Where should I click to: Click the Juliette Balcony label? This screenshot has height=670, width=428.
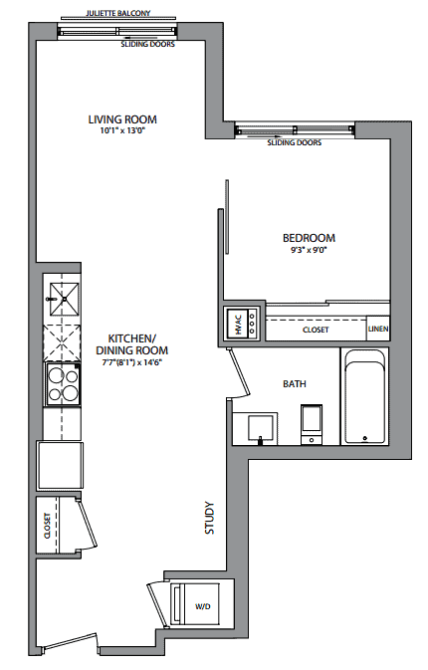pos(118,13)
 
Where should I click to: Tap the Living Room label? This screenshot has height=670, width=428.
pos(122,119)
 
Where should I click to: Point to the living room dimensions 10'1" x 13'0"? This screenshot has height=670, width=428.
pos(123,130)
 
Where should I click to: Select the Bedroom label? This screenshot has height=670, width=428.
pos(310,238)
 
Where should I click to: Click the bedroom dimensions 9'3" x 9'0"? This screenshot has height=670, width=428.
pos(309,250)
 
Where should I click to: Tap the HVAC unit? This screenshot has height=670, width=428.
pos(242,324)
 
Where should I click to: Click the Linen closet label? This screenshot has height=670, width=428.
pos(378,329)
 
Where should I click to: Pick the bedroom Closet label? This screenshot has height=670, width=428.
pos(316,330)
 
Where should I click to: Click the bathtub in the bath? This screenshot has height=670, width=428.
pos(364,397)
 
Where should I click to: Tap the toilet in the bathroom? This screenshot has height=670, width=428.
pos(312,424)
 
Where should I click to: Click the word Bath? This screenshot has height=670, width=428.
pos(295,383)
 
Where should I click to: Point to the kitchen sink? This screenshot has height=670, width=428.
pos(65,299)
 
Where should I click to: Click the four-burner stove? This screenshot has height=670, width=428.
pos(64,383)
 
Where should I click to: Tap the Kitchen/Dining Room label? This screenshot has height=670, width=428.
pos(132,344)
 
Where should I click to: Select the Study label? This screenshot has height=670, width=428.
pos(209,518)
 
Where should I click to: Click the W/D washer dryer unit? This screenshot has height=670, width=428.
pos(196,603)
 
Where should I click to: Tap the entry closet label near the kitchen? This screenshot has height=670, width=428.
pos(48,525)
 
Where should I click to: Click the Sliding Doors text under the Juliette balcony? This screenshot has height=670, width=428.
pos(147,44)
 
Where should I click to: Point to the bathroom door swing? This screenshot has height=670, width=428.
pos(238,372)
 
